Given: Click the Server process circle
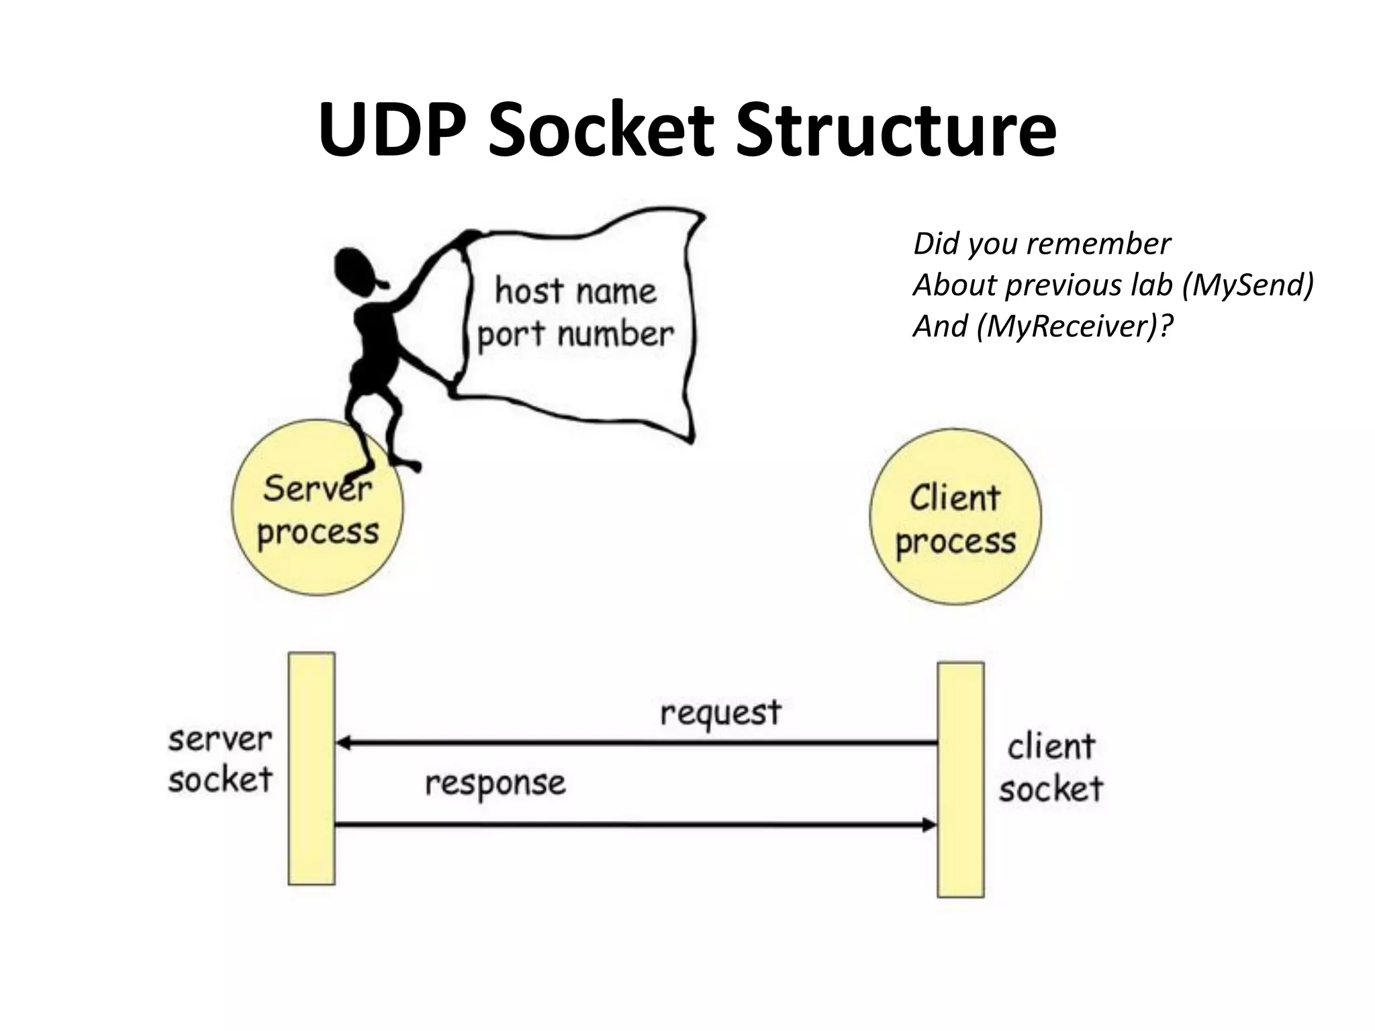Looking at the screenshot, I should pyautogui.click(x=318, y=530).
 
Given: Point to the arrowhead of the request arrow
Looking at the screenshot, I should pyautogui.click(x=342, y=743).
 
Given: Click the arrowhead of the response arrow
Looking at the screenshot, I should pyautogui.click(x=931, y=824).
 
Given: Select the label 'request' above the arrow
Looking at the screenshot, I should pyautogui.click(x=720, y=714).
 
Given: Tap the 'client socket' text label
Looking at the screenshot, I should pyautogui.click(x=1051, y=768).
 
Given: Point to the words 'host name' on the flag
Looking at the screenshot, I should pyautogui.click(x=575, y=291).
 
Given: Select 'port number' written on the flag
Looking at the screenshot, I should pyautogui.click(x=575, y=334).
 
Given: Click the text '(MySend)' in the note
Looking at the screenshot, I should pyautogui.click(x=1247, y=285).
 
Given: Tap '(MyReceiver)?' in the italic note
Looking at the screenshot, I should pyautogui.click(x=1074, y=326).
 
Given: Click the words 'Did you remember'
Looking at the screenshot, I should pyautogui.click(x=1041, y=243).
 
